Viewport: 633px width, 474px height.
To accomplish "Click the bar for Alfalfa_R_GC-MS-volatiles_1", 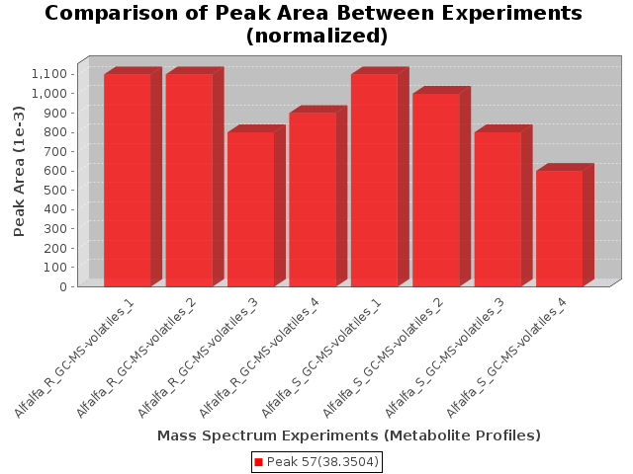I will (x=127, y=180).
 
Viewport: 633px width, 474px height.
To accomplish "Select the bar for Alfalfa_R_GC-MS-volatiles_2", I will (x=189, y=180).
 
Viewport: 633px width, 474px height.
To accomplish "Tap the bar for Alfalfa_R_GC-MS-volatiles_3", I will (x=250, y=209).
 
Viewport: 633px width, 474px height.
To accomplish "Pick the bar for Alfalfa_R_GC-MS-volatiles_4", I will (x=313, y=199).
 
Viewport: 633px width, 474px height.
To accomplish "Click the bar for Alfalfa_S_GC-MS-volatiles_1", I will (x=374, y=180).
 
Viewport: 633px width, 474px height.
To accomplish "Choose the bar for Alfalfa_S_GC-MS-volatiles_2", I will (x=436, y=190).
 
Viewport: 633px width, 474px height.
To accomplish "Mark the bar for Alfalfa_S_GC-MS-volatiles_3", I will (x=497, y=209).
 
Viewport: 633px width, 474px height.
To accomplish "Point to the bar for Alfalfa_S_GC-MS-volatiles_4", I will (x=560, y=228).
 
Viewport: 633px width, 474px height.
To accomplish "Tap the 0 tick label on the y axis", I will (x=63, y=286).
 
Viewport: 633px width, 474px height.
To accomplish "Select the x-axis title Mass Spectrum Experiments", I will (x=349, y=435).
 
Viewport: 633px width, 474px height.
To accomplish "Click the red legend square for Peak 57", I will (x=258, y=461).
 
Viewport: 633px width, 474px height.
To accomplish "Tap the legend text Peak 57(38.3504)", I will (x=322, y=461).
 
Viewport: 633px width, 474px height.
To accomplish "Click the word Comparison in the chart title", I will (x=110, y=14).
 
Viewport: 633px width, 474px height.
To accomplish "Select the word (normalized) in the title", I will (x=316, y=36).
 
